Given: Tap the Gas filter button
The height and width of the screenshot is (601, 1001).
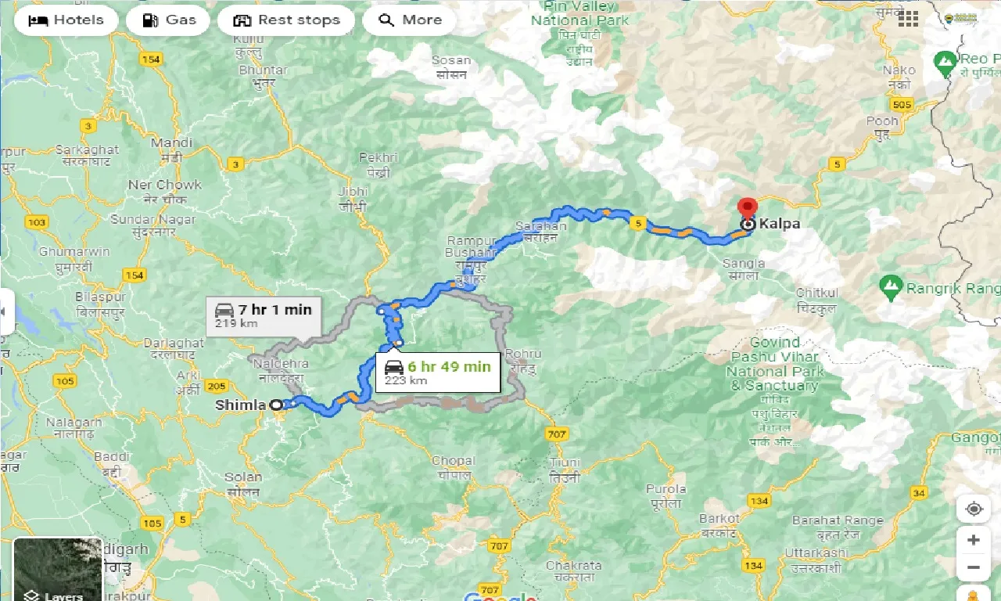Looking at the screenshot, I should (x=168, y=20).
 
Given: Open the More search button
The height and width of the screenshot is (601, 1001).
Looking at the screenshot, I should (x=410, y=20).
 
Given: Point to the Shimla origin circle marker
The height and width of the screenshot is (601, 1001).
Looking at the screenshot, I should (x=276, y=405).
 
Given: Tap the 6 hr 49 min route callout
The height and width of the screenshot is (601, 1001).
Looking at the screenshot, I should (x=437, y=372).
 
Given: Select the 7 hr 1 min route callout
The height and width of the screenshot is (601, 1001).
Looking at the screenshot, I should (x=264, y=315).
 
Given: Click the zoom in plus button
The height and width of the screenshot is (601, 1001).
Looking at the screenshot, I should (x=974, y=540).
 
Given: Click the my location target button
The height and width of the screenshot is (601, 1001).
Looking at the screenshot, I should (x=974, y=509).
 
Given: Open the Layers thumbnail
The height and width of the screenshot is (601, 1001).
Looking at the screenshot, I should (x=58, y=569).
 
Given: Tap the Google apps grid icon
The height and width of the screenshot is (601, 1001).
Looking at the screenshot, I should (x=908, y=19).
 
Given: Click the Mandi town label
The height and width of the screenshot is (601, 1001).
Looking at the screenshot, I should (x=171, y=143).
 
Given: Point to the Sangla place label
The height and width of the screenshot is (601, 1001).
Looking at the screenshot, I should (x=743, y=264).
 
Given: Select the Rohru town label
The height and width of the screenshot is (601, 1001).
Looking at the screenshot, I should (x=523, y=354).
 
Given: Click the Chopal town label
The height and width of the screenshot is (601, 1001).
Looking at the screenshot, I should (x=453, y=461).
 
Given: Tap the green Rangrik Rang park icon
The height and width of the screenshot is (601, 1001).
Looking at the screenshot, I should (x=891, y=288).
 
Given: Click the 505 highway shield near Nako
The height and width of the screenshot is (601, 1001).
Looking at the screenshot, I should (x=902, y=104).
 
